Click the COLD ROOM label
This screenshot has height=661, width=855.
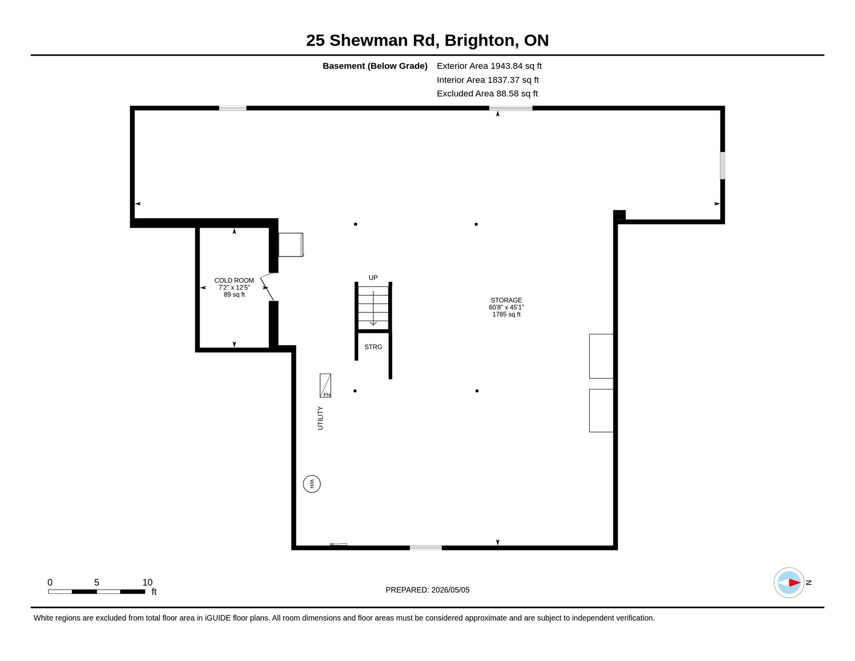[x=234, y=281]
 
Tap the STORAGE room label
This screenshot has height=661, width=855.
[x=506, y=300]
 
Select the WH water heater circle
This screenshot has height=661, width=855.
[x=312, y=484]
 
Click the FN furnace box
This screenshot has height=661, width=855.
[x=326, y=386]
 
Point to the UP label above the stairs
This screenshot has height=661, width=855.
[x=373, y=278]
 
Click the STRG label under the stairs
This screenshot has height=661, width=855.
[x=373, y=347]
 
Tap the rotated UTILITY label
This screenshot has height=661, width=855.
[x=320, y=418]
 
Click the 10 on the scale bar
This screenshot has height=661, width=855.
[x=148, y=582]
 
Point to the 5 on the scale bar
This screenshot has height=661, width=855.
[x=97, y=582]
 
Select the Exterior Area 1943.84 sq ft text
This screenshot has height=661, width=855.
[x=489, y=66]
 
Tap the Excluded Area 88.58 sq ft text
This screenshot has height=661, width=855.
[x=487, y=93]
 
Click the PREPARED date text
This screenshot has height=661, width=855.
[x=427, y=590]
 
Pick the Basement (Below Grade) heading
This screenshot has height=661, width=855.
[x=375, y=66]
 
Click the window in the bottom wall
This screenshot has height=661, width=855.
[x=426, y=548]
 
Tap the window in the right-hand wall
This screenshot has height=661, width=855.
[x=723, y=165]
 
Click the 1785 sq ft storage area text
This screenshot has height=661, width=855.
[x=506, y=315]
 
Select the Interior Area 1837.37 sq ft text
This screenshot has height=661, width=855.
[x=488, y=80]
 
